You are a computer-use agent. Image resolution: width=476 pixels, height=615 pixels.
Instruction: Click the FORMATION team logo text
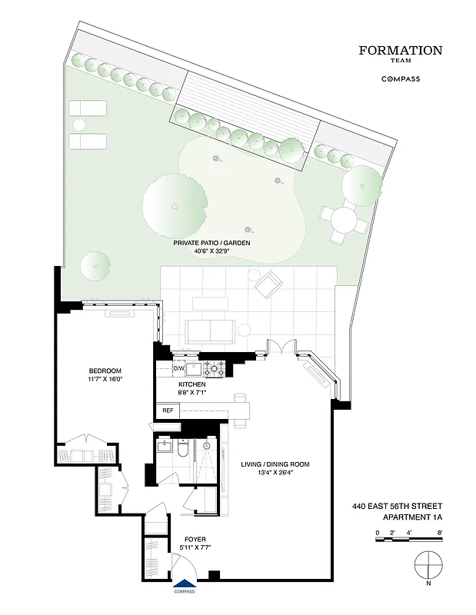click(x=401, y=52)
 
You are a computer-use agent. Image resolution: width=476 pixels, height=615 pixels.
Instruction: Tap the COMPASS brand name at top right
click(x=401, y=78)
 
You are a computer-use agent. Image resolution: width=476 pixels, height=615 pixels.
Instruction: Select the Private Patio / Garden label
click(x=211, y=242)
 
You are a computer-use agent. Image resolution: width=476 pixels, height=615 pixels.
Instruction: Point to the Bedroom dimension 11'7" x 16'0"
click(x=105, y=379)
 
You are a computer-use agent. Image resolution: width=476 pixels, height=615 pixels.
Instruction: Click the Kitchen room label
click(x=191, y=383)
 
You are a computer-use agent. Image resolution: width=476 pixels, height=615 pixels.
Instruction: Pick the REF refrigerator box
click(x=167, y=411)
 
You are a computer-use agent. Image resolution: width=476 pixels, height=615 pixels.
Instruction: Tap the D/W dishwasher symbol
click(x=167, y=368)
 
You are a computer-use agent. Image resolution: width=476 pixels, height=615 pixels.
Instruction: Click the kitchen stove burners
click(x=213, y=368)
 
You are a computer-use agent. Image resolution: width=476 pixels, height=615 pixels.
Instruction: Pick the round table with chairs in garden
click(x=344, y=221)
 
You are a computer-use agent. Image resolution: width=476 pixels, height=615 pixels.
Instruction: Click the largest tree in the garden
click(x=175, y=205)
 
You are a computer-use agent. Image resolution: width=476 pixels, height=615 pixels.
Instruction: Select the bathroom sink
click(x=164, y=446)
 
